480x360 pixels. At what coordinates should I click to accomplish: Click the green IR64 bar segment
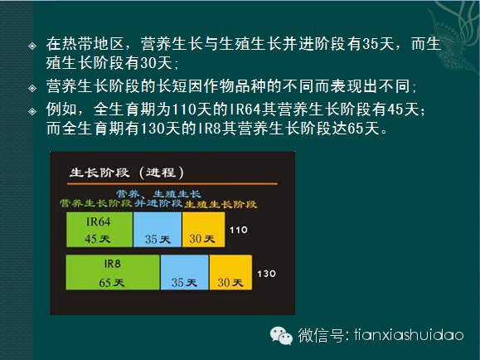(x=99, y=230)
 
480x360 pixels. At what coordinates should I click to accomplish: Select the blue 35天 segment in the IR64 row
(x=158, y=230)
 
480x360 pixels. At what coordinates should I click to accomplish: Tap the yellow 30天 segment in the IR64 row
(x=204, y=230)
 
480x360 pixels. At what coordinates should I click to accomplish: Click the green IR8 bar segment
(x=113, y=272)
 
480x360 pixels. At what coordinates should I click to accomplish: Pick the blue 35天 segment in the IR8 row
(x=184, y=272)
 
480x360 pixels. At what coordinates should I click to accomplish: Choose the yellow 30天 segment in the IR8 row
(x=230, y=272)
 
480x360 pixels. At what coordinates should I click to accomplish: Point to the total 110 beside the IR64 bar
(x=239, y=230)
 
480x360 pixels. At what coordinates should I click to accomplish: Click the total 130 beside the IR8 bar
(x=266, y=274)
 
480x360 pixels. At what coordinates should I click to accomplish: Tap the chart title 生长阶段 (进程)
(x=127, y=173)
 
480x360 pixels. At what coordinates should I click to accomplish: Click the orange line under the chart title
(x=172, y=184)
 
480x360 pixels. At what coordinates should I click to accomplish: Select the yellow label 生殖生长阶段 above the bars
(x=221, y=204)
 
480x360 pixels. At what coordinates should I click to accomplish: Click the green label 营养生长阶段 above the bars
(x=96, y=203)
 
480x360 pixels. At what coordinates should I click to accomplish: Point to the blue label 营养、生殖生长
(x=158, y=193)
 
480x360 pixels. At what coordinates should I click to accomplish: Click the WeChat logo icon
(x=281, y=335)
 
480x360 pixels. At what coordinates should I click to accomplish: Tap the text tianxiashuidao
(x=409, y=334)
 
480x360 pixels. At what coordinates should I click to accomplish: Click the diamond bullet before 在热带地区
(x=32, y=46)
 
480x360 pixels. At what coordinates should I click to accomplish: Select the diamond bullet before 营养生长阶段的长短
(x=32, y=88)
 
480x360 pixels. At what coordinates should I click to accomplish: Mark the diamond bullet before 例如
(x=32, y=111)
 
